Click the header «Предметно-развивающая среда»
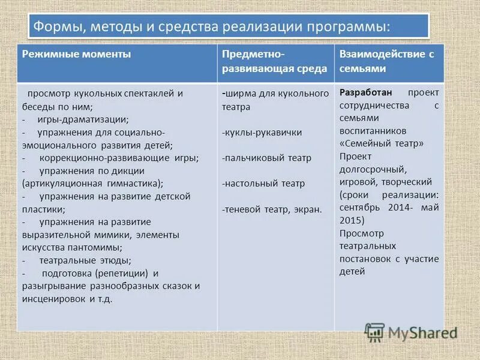pyautogui.click(x=275, y=61)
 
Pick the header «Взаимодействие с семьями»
pyautogui.click(x=386, y=61)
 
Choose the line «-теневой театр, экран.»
pyautogui.click(x=271, y=209)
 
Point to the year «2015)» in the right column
pyautogui.click(x=352, y=221)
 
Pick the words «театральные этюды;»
pyautogui.click(x=85, y=260)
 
